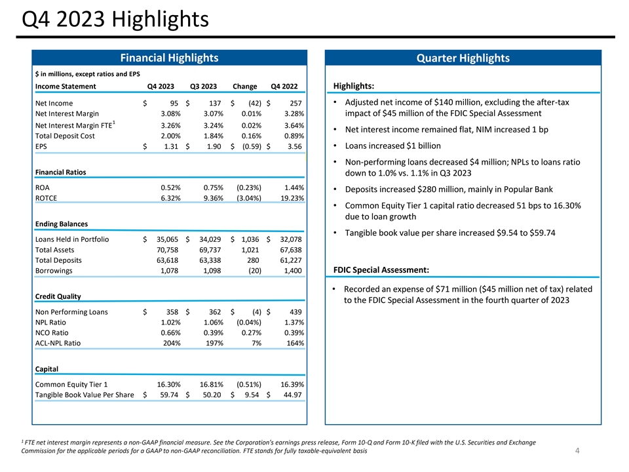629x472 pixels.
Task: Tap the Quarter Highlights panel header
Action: point(463,58)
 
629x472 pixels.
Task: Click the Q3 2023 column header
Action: point(204,87)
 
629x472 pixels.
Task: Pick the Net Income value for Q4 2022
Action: point(295,103)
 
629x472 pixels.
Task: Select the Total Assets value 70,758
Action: point(168,250)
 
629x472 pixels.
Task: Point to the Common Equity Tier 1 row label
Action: point(71,384)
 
